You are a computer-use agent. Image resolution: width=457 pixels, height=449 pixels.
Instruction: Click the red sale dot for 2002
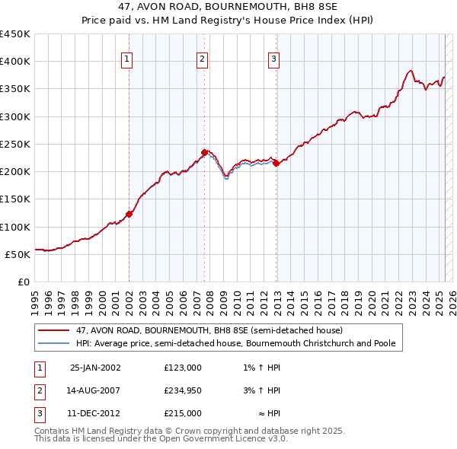click(129, 214)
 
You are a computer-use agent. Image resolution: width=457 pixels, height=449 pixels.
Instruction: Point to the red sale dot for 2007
click(204, 152)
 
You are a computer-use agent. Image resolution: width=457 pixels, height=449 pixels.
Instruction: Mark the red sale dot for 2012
click(276, 163)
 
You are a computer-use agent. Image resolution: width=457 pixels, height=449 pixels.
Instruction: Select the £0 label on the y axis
click(22, 282)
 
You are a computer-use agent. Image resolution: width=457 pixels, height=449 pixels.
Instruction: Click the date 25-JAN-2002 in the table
click(95, 368)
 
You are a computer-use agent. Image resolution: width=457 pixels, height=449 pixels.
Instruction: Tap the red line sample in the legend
click(53, 331)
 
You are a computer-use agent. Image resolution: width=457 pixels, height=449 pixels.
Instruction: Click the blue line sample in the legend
click(53, 344)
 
